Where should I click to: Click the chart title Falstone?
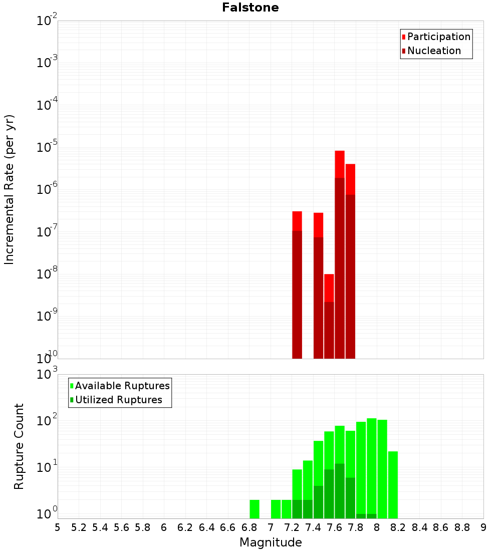[250, 8]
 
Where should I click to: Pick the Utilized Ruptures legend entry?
[118, 400]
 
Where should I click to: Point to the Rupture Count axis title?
[19, 446]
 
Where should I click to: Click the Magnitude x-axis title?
[271, 542]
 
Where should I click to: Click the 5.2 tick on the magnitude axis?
[79, 527]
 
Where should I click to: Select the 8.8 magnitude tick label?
[462, 527]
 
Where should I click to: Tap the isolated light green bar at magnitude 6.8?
[255, 508]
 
